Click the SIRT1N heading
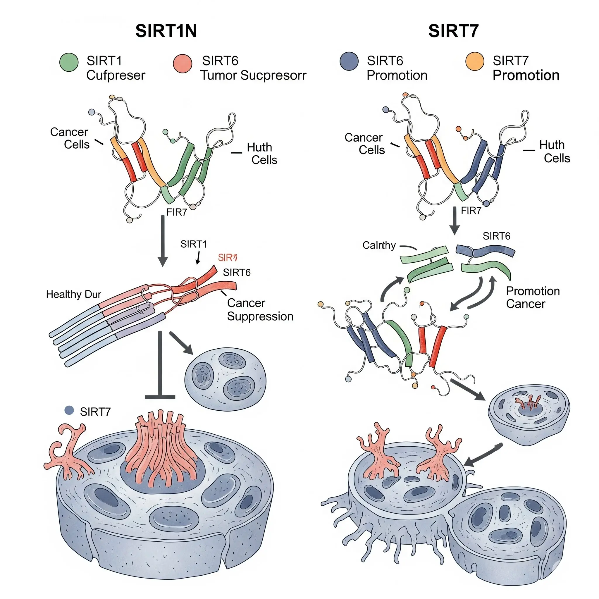point(166,31)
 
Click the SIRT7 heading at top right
point(453,31)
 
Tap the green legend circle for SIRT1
point(69,62)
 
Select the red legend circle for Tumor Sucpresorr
point(183,63)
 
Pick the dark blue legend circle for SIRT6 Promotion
point(349,61)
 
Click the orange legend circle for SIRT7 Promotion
point(475,61)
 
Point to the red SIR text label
point(228,258)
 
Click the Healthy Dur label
point(73,294)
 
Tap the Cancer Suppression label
point(260,309)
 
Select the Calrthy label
point(379,245)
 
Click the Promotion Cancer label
point(533,297)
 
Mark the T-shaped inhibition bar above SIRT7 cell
point(160,366)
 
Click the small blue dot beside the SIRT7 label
point(69,410)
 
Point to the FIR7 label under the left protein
point(177,212)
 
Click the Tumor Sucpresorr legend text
point(253,75)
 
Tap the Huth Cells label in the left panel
point(262,154)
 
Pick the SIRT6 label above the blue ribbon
point(496,236)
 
